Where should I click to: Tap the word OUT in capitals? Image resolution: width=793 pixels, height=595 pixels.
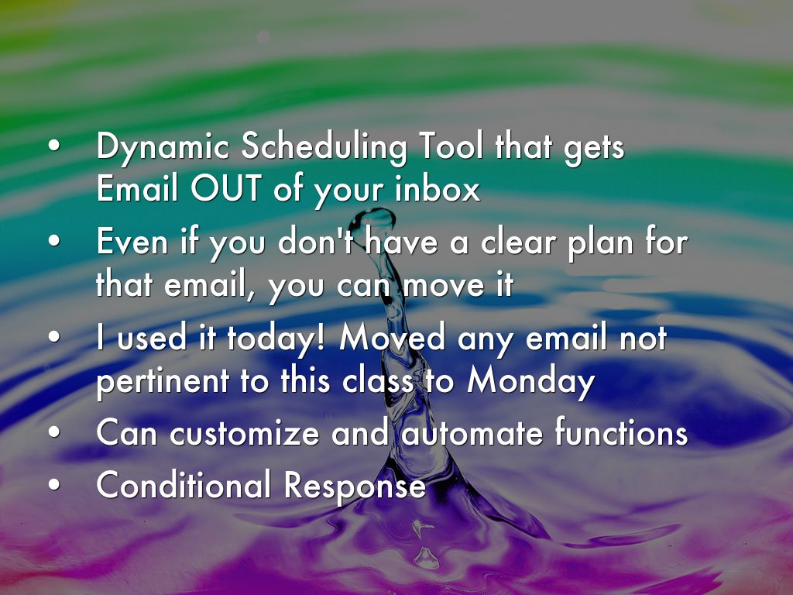(x=226, y=188)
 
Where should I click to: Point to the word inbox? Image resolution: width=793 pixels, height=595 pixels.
(x=438, y=188)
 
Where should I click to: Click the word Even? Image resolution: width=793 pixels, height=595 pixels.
(x=132, y=242)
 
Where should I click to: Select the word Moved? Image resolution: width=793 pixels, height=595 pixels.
(x=392, y=338)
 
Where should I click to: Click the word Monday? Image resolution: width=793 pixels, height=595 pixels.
(x=530, y=380)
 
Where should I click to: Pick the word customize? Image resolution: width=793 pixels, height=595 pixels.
(x=244, y=434)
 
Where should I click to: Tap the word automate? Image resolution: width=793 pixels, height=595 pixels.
(x=472, y=434)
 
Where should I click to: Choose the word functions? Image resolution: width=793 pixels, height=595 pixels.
(x=622, y=432)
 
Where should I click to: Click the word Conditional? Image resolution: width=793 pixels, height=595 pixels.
(x=184, y=485)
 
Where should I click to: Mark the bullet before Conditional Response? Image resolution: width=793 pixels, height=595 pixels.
(x=54, y=484)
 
